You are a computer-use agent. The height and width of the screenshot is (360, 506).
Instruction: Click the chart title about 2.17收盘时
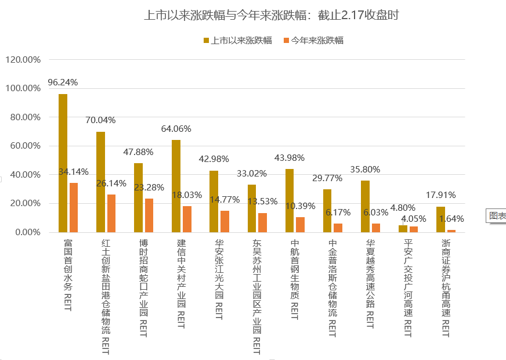coord(271,16)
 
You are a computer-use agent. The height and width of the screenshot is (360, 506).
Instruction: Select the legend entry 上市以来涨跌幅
coord(237,41)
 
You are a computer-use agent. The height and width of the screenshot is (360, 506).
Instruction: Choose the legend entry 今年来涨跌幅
coord(313,41)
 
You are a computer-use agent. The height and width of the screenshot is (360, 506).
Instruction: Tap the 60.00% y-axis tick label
coord(24,146)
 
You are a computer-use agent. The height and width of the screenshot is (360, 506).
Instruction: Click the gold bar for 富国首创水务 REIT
coord(63,163)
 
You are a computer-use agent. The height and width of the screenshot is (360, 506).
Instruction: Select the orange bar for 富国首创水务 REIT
coord(74,208)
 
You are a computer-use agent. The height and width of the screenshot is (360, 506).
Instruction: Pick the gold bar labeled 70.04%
coord(100,182)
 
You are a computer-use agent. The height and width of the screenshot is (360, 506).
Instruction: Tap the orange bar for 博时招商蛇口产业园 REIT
coord(149,215)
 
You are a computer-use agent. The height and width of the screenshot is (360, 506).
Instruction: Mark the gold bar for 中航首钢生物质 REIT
coord(290,201)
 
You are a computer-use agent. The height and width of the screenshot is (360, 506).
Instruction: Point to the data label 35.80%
coord(365,170)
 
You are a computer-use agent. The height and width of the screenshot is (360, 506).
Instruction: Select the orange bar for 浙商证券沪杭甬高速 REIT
coord(451,231)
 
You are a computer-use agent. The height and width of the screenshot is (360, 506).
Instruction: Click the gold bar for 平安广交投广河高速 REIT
coord(403,229)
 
